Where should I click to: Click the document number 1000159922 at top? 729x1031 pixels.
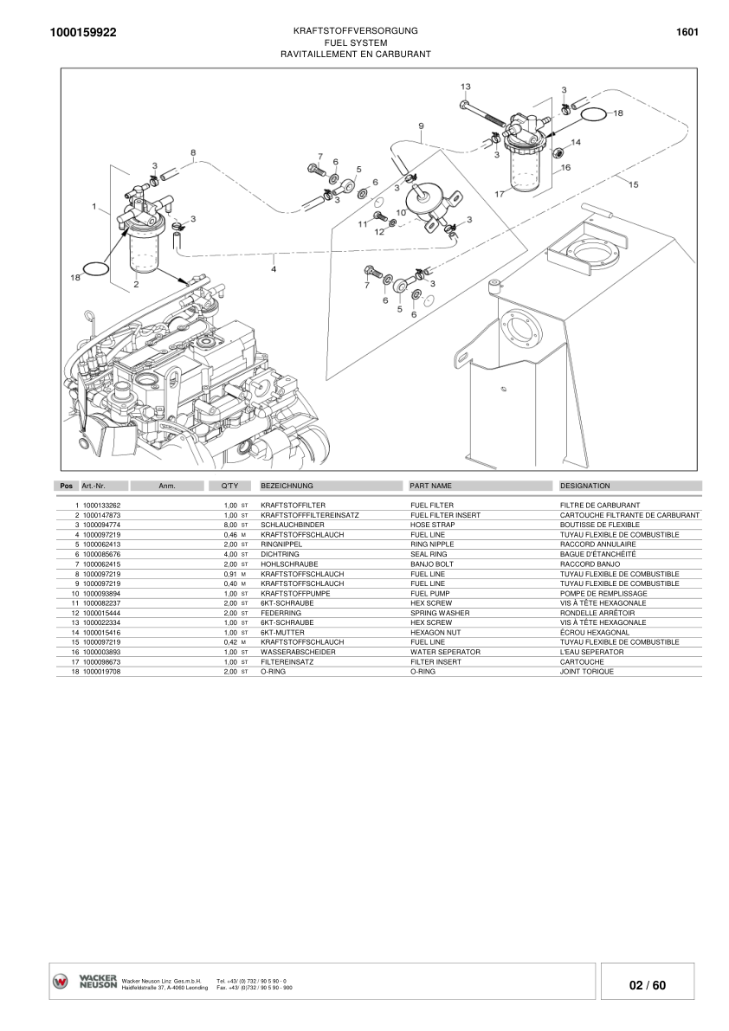[84, 33]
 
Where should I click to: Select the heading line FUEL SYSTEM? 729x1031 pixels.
[355, 42]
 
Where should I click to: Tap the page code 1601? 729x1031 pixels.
[687, 32]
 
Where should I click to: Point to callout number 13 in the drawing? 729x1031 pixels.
[465, 87]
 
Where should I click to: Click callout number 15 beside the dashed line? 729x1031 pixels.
[633, 184]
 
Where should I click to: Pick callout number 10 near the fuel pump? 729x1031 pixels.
[401, 212]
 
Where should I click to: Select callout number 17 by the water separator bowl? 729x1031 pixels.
[499, 195]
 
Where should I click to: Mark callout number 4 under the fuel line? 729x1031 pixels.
[274, 269]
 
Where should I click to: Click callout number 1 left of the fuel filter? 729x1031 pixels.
[94, 206]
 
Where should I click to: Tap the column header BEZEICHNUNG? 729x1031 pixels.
[287, 486]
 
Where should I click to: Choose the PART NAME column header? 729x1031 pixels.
[430, 486]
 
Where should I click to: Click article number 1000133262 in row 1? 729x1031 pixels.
[101, 505]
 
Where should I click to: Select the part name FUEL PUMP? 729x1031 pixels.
[430, 594]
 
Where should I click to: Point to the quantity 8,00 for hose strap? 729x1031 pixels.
[230, 525]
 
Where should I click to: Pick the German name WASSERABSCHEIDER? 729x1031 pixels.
[298, 652]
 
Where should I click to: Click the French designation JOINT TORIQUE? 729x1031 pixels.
[587, 672]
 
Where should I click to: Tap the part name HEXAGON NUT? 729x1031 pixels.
[433, 633]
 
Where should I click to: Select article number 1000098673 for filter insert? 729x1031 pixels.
[101, 662]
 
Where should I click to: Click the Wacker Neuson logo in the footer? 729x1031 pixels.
[85, 982]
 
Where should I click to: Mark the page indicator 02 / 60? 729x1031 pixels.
[647, 986]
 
